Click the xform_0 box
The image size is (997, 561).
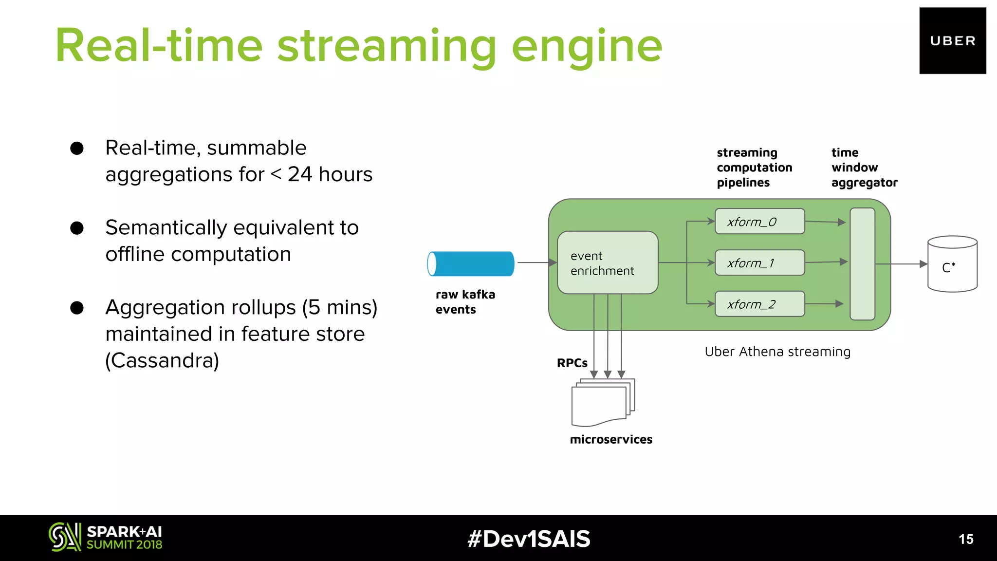tap(759, 222)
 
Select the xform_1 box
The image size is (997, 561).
tap(759, 263)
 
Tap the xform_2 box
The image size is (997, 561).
tap(759, 304)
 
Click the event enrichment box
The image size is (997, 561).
tap(608, 263)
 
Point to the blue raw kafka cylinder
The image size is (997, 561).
tap(471, 264)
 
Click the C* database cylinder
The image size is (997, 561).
tap(952, 264)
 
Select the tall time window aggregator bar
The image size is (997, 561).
tap(862, 264)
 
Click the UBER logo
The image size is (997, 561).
tap(952, 41)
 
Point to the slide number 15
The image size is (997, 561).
tap(966, 539)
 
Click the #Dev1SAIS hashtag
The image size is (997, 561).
tap(529, 539)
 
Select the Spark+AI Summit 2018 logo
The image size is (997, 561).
tap(105, 538)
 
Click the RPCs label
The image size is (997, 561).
tap(572, 363)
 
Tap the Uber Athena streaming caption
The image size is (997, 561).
tap(777, 352)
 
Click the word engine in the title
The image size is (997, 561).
tap(587, 46)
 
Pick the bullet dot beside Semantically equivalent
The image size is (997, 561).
tap(77, 228)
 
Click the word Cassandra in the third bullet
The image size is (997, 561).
tap(162, 360)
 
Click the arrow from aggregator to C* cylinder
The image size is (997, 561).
tap(901, 264)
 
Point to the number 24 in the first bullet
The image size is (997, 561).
tap(299, 174)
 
